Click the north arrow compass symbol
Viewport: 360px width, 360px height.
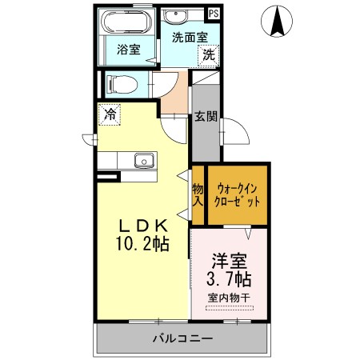click(277, 22)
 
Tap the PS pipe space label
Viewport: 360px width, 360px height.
click(214, 14)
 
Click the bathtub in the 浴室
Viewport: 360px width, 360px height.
click(127, 22)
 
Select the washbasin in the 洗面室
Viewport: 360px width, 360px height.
click(175, 16)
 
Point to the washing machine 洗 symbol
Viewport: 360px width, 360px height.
click(209, 55)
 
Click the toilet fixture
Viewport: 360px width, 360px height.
click(122, 85)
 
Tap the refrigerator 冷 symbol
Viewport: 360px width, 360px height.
click(110, 114)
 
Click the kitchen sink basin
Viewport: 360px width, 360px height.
click(144, 161)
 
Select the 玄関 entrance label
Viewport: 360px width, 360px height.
click(206, 116)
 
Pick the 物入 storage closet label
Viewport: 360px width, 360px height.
click(198, 195)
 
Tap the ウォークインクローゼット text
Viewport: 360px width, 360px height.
click(237, 195)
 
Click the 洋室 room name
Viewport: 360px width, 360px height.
click(230, 261)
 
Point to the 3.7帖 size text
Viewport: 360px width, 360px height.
click(229, 279)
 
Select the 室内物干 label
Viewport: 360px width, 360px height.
click(229, 298)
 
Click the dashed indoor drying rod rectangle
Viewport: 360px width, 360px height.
click(230, 308)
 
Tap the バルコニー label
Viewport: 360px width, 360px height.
click(182, 338)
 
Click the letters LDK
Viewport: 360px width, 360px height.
click(143, 226)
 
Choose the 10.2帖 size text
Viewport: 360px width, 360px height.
click(142, 243)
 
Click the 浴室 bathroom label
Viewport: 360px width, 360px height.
click(129, 50)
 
